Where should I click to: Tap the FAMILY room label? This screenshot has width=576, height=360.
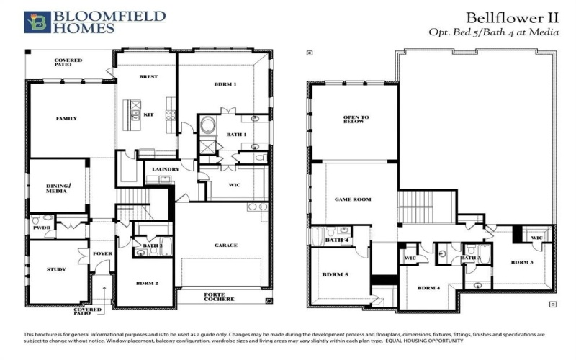[x=66, y=118]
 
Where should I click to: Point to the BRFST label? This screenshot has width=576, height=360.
[x=148, y=76]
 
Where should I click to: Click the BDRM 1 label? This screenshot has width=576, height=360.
[x=225, y=84]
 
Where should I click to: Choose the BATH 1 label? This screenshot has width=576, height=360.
[x=236, y=135]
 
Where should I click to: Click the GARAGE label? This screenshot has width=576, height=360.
[x=225, y=245]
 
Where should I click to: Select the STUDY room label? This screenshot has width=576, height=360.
[x=56, y=269]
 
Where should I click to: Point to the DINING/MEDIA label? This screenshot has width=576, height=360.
[x=57, y=188]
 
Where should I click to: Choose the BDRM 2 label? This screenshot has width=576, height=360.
[x=147, y=283]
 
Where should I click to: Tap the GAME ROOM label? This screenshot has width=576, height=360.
[x=353, y=199]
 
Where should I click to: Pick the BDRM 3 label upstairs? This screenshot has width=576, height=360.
[x=522, y=262]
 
